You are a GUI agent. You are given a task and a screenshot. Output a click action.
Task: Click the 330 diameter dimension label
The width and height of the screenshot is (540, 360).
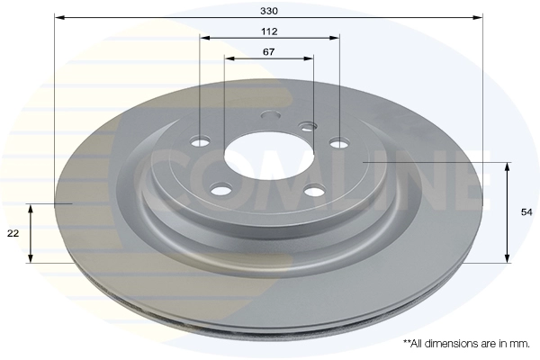[268, 11]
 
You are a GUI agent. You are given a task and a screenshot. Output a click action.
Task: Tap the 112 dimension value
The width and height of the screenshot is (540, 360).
[269, 31]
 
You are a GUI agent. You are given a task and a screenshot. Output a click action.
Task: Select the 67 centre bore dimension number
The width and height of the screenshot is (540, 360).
[268, 52]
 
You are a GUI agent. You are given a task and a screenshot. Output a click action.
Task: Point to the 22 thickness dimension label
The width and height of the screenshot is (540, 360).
[13, 234]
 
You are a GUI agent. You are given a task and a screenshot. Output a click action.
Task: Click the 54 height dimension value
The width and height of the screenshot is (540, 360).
[526, 212]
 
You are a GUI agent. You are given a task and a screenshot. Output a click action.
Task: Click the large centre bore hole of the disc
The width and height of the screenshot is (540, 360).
[269, 156]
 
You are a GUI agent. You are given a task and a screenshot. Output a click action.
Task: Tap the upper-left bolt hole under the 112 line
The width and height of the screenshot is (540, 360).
[200, 141]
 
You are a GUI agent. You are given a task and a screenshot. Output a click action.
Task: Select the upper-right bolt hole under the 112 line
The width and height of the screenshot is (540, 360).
[339, 142]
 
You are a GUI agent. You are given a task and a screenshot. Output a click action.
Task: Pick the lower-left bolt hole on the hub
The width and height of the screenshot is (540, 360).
[221, 190]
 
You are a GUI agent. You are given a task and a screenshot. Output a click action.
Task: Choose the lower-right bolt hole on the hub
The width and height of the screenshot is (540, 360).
[315, 191]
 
